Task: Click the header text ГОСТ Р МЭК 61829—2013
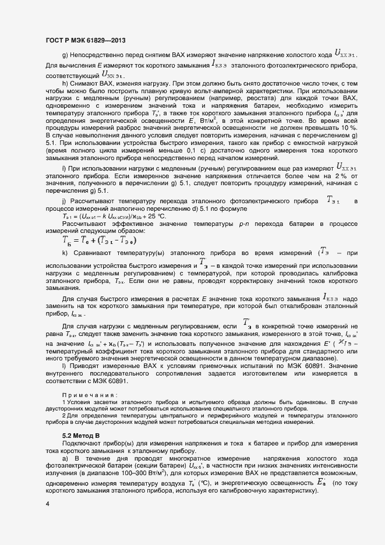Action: coord(84,40)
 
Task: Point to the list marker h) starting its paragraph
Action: coord(65,84)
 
